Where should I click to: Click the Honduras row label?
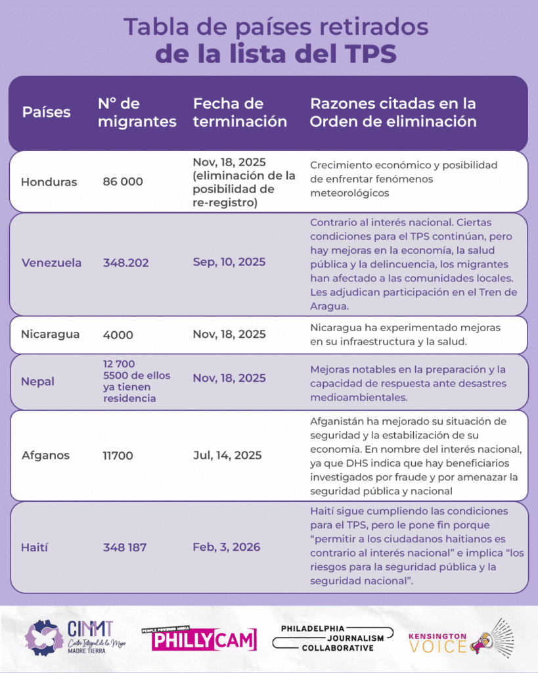(x=49, y=182)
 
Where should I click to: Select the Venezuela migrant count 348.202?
(x=125, y=263)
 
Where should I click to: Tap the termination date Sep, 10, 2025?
(x=229, y=262)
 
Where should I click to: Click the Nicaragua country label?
(x=51, y=334)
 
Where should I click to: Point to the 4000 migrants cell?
(x=118, y=335)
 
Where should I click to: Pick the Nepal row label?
(x=37, y=382)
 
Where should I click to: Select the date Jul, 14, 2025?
(x=227, y=455)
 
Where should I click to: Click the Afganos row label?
(x=45, y=455)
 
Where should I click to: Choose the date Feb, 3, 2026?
(x=226, y=547)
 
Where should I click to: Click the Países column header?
(x=46, y=112)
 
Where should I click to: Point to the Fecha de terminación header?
(x=240, y=112)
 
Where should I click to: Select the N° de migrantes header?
(x=137, y=112)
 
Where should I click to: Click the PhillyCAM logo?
(x=199, y=638)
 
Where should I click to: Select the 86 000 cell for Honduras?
(x=123, y=182)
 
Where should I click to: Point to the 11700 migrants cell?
(x=118, y=455)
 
